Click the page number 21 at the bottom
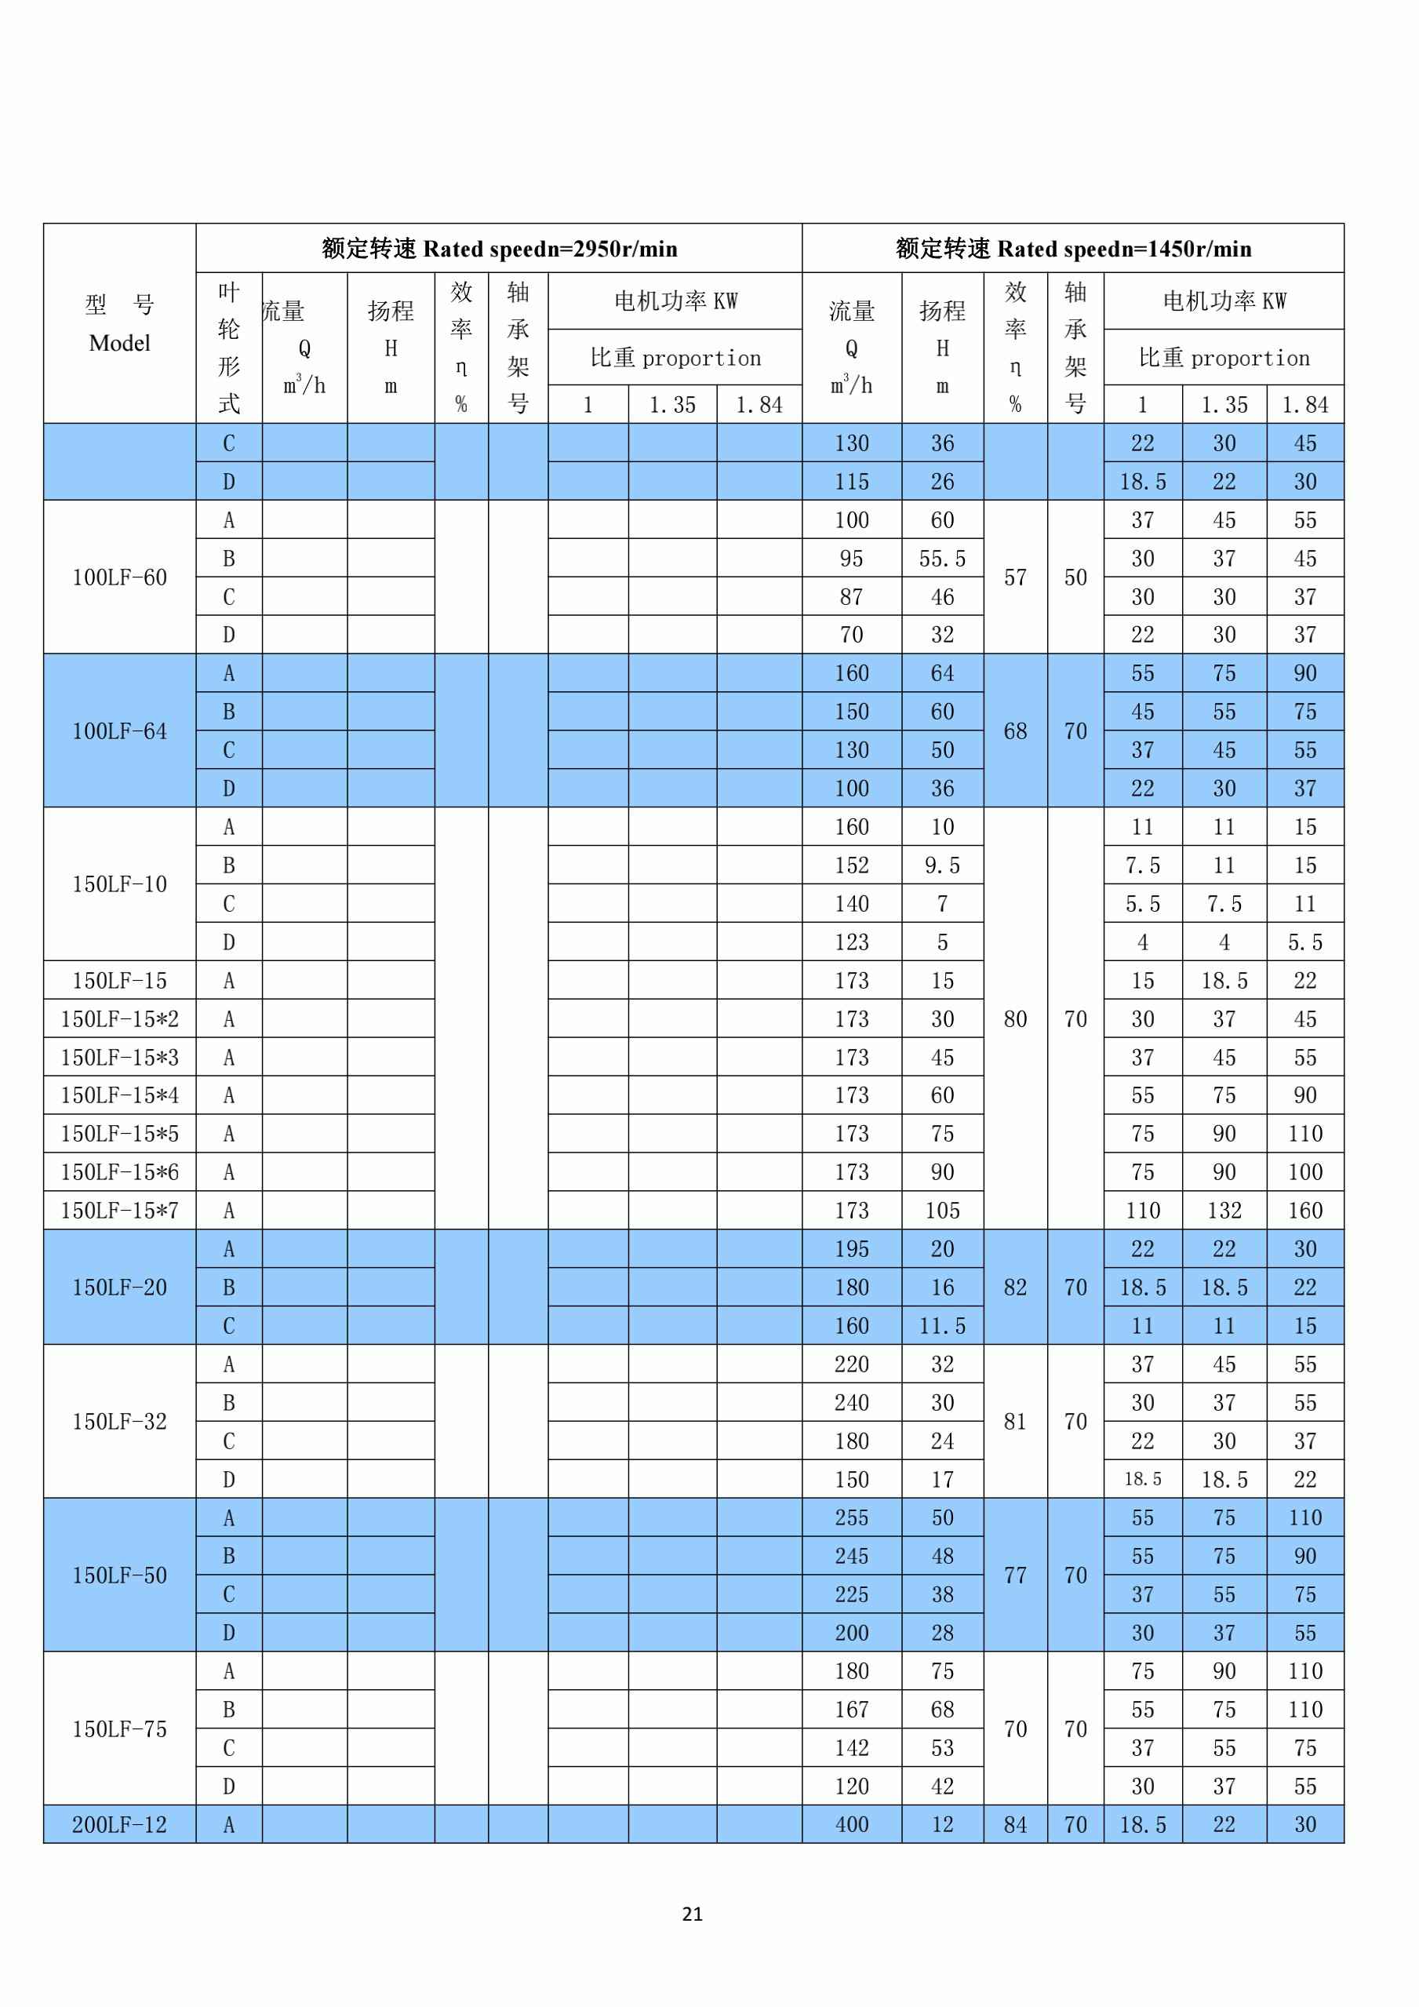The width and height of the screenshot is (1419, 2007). [x=692, y=1914]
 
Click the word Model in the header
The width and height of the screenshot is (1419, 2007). [x=120, y=344]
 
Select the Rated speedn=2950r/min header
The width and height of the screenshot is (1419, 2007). [x=499, y=250]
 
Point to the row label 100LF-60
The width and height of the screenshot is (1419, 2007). [x=120, y=577]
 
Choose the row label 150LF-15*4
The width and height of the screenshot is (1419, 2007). [x=120, y=1095]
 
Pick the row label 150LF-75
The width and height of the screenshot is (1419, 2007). [x=120, y=1729]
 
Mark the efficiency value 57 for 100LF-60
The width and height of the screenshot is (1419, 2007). [x=1015, y=577]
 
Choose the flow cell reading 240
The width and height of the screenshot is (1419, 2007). [x=852, y=1403]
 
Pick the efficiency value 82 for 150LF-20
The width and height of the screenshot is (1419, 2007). [x=1015, y=1288]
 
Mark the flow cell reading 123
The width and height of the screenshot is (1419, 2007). [x=852, y=942]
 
